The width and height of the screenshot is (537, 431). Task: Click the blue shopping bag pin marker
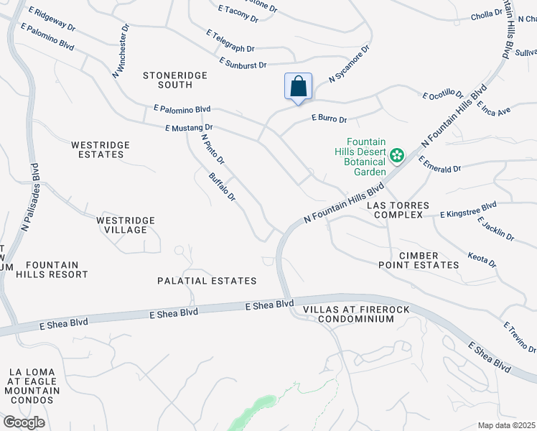[x=299, y=88]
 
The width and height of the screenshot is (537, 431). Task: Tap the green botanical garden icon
[x=396, y=154]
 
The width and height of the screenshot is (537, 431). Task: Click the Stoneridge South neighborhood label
[x=175, y=80]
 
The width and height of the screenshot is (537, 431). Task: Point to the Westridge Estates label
[x=101, y=149]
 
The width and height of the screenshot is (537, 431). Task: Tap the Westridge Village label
[x=121, y=224]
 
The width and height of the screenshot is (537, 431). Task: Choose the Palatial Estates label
[x=209, y=281]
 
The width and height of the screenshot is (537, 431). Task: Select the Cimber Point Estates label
[x=419, y=260]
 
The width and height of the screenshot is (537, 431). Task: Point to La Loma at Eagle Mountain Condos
[x=32, y=386]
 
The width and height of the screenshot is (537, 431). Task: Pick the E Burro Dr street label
[x=329, y=119]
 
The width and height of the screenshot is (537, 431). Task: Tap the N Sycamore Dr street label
[x=349, y=63]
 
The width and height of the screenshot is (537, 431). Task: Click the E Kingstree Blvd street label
[x=467, y=210]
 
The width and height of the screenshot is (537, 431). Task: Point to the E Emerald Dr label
[x=439, y=164]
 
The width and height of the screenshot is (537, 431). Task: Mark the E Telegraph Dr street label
[x=230, y=41]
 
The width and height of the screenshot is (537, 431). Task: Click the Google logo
[x=24, y=422]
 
